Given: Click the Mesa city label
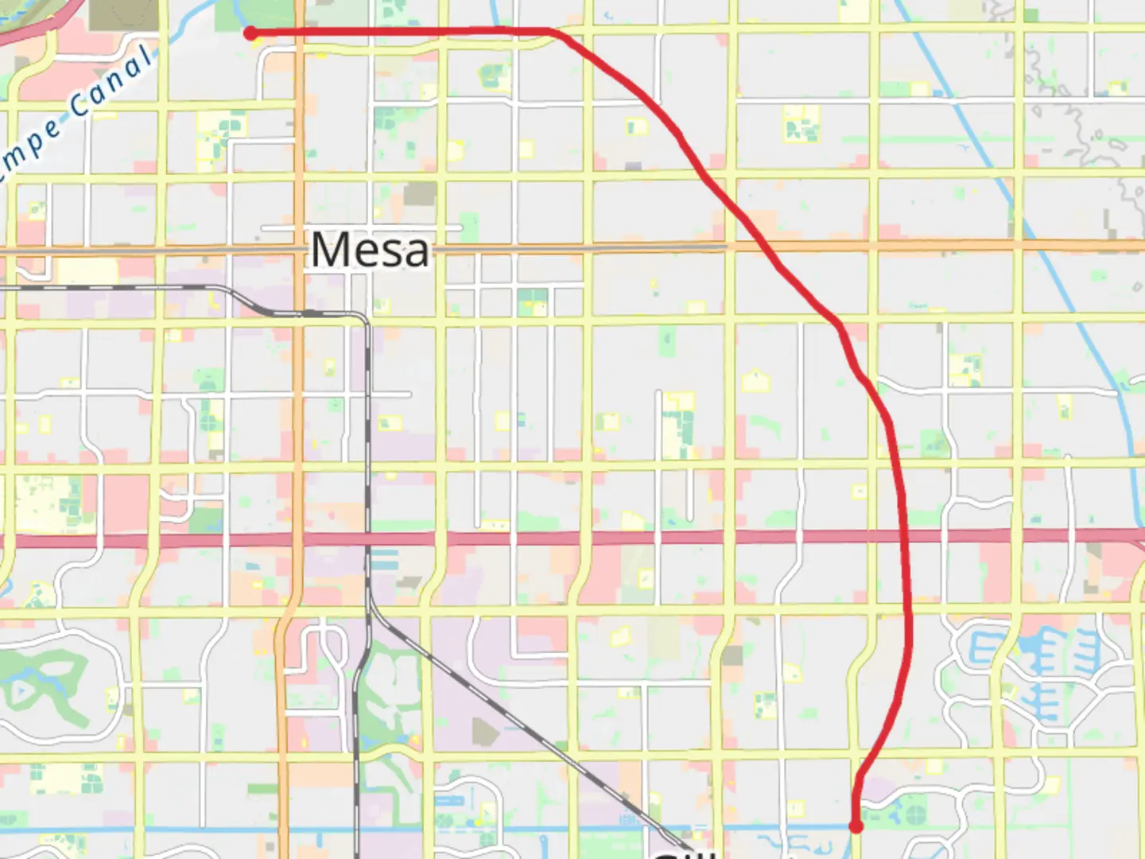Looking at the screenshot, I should (x=371, y=250).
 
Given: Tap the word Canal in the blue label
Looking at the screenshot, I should (x=111, y=80).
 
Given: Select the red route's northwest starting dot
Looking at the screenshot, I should (x=250, y=33).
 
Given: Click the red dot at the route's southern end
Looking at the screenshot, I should (x=856, y=826).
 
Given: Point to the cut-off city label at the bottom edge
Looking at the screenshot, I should (x=684, y=853).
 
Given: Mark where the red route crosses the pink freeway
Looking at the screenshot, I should (x=907, y=536).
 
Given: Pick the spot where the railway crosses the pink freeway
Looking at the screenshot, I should (x=368, y=539).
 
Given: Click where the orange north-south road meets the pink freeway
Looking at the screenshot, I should (x=297, y=540).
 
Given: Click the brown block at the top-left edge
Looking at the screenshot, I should (x=123, y=14).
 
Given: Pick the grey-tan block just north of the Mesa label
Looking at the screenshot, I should (x=419, y=194).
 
